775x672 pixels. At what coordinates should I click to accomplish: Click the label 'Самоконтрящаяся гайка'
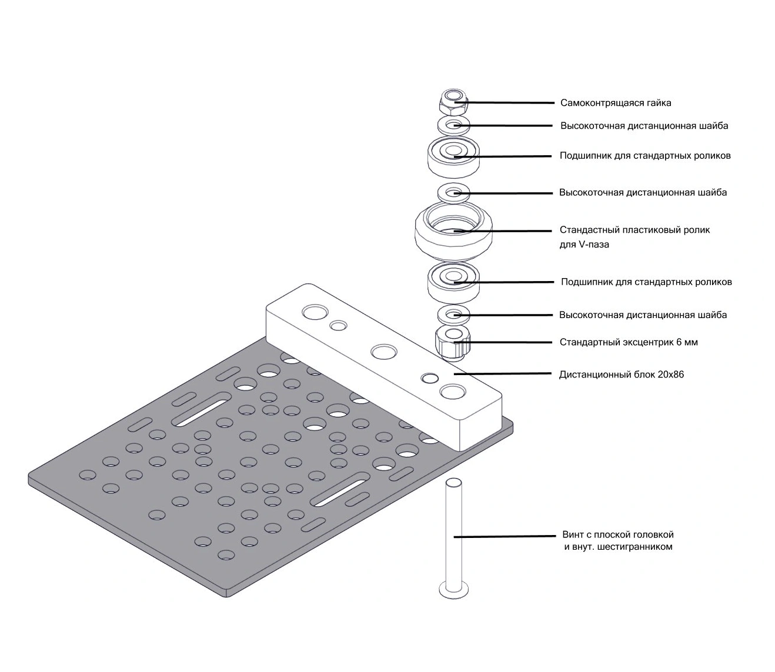coord(616,103)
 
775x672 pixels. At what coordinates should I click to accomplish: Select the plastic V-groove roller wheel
coord(453,232)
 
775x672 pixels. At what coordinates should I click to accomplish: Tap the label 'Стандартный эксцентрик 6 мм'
coord(629,342)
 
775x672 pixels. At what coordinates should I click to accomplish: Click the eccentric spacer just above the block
coord(453,343)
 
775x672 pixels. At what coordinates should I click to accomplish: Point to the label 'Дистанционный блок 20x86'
coord(622,375)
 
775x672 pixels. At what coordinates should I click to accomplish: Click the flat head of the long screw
coord(453,589)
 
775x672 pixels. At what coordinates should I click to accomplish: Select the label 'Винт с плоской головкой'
coord(617,535)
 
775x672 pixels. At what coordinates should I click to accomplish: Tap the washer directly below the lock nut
coord(453,125)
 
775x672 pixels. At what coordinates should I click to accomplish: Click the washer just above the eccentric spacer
coord(453,315)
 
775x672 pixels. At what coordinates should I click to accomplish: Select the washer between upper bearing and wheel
coord(453,192)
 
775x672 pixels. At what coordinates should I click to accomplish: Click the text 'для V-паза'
coord(584,245)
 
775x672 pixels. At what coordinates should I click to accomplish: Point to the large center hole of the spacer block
coord(383,352)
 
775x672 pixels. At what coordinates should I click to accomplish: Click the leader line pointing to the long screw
coord(506,536)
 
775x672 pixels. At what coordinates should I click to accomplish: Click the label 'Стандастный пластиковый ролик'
coord(634,230)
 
